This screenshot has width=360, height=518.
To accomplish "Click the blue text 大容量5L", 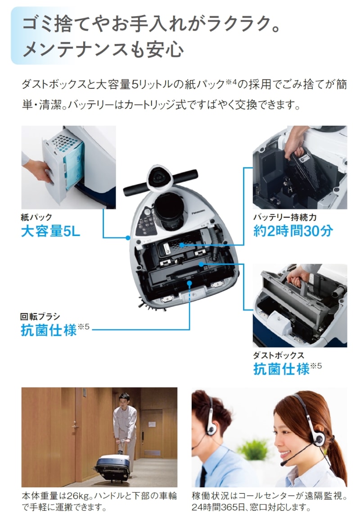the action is tap(50, 231).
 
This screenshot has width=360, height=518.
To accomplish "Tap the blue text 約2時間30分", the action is tap(293, 231).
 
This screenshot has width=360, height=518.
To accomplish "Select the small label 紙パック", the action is tap(36, 217).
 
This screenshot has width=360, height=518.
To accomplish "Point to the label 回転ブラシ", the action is tap(40, 317).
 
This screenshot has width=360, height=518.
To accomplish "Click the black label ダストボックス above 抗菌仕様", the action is tap(279, 355).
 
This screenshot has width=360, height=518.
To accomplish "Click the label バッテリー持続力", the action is tap(285, 217).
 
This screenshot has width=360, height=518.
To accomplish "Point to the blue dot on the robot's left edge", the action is tap(128, 237).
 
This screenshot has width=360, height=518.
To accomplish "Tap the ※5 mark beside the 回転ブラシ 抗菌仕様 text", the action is tap(84, 327).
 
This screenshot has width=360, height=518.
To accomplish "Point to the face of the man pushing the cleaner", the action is tap(124, 401).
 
